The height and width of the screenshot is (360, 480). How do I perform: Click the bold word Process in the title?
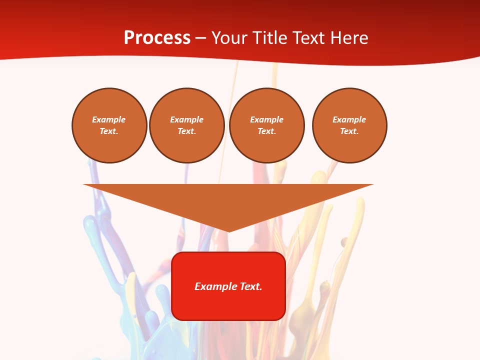click(x=157, y=38)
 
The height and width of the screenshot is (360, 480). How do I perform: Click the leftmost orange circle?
click(x=109, y=125)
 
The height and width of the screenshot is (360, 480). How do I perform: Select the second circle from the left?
click(x=187, y=125)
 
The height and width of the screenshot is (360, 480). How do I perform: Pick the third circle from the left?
click(x=267, y=125)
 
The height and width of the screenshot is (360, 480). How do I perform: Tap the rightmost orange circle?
click(x=349, y=125)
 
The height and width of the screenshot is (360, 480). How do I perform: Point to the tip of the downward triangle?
click(x=228, y=230)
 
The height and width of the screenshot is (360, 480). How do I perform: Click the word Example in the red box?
click(x=214, y=286)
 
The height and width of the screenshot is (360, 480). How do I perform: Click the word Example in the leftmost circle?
click(x=109, y=119)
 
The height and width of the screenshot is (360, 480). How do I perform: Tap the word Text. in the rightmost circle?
click(x=349, y=131)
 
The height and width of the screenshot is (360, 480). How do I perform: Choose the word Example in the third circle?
click(x=267, y=119)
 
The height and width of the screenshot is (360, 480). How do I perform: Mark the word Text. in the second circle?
click(x=187, y=131)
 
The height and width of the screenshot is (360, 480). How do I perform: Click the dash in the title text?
click(x=200, y=38)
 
